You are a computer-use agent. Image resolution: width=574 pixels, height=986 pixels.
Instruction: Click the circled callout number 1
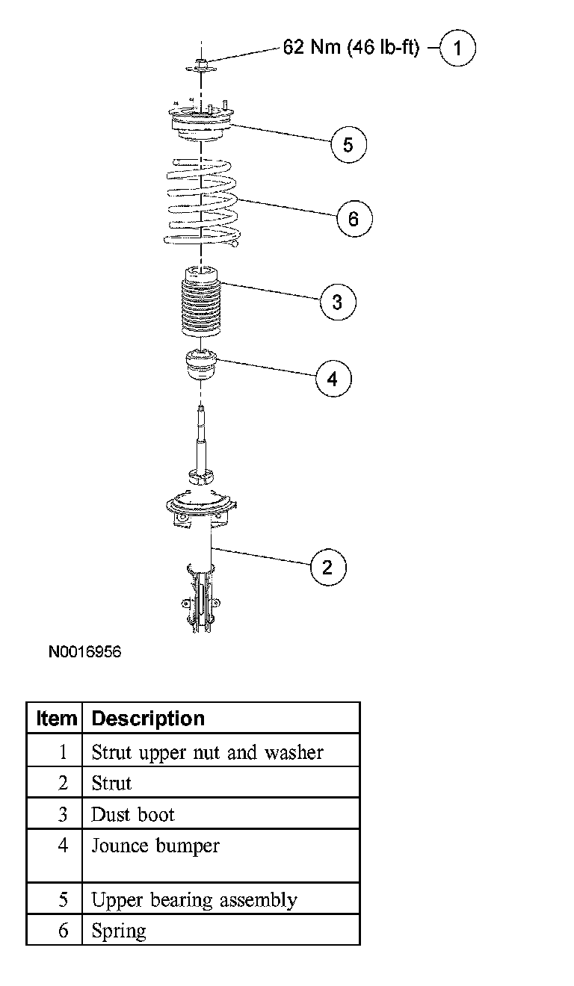click(457, 49)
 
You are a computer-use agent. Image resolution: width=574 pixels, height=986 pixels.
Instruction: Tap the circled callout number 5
click(348, 143)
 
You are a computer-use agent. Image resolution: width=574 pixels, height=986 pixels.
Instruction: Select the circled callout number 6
click(354, 218)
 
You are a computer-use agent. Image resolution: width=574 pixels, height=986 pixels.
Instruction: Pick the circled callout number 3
click(337, 302)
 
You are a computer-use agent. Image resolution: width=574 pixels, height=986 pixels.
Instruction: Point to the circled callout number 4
click(333, 378)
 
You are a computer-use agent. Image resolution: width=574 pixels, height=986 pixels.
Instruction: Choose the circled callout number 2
click(328, 566)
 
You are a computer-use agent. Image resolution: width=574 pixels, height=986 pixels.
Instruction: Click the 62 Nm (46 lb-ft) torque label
click(351, 48)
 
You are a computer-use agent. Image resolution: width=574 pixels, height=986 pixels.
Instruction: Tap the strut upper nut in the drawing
click(203, 65)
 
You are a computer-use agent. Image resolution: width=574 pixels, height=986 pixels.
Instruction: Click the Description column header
click(148, 719)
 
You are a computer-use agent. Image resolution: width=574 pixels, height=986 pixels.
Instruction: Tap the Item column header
click(56, 719)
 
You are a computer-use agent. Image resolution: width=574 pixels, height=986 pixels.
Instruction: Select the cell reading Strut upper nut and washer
click(207, 751)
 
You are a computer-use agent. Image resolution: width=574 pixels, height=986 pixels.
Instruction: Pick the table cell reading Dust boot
click(133, 813)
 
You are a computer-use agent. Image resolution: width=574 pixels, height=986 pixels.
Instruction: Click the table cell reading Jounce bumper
click(155, 846)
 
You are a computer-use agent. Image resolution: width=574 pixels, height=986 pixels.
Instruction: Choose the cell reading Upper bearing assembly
click(194, 900)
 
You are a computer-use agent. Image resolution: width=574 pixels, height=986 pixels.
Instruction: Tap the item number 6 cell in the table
click(63, 931)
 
